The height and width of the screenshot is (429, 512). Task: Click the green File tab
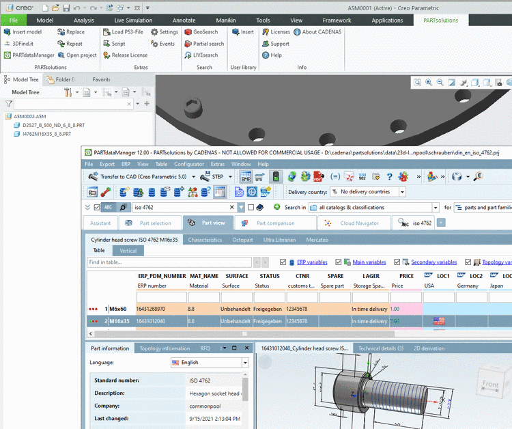tap(14, 20)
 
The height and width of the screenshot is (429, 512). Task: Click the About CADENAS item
tap(318, 32)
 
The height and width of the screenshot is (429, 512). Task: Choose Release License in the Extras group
tap(126, 55)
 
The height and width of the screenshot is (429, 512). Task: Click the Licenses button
tap(276, 32)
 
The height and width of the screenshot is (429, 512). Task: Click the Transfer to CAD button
tap(137, 177)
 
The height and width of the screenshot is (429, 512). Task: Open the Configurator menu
tap(189, 165)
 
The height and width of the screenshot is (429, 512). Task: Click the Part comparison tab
tap(275, 223)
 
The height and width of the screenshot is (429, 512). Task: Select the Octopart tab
tap(242, 240)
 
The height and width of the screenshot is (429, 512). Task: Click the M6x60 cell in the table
tap(119, 309)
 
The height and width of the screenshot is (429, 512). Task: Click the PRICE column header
tap(406, 276)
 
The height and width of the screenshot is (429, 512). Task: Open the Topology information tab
tap(165, 348)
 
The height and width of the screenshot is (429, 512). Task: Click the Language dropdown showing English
tap(210, 363)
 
